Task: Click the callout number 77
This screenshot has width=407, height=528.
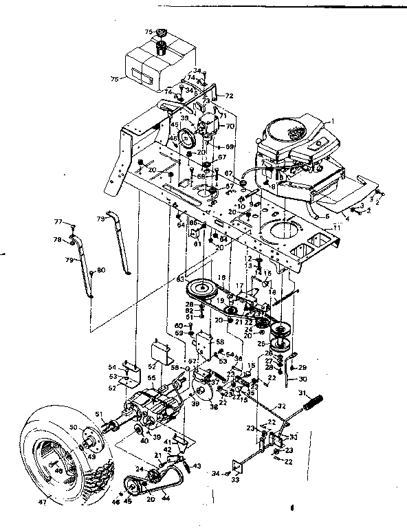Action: point(58,221)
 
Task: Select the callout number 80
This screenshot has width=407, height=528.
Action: point(101,270)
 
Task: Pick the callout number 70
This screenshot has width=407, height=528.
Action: point(230,126)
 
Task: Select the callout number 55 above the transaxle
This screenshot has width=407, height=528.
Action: point(150,378)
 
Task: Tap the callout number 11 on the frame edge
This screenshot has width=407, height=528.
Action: point(336,226)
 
